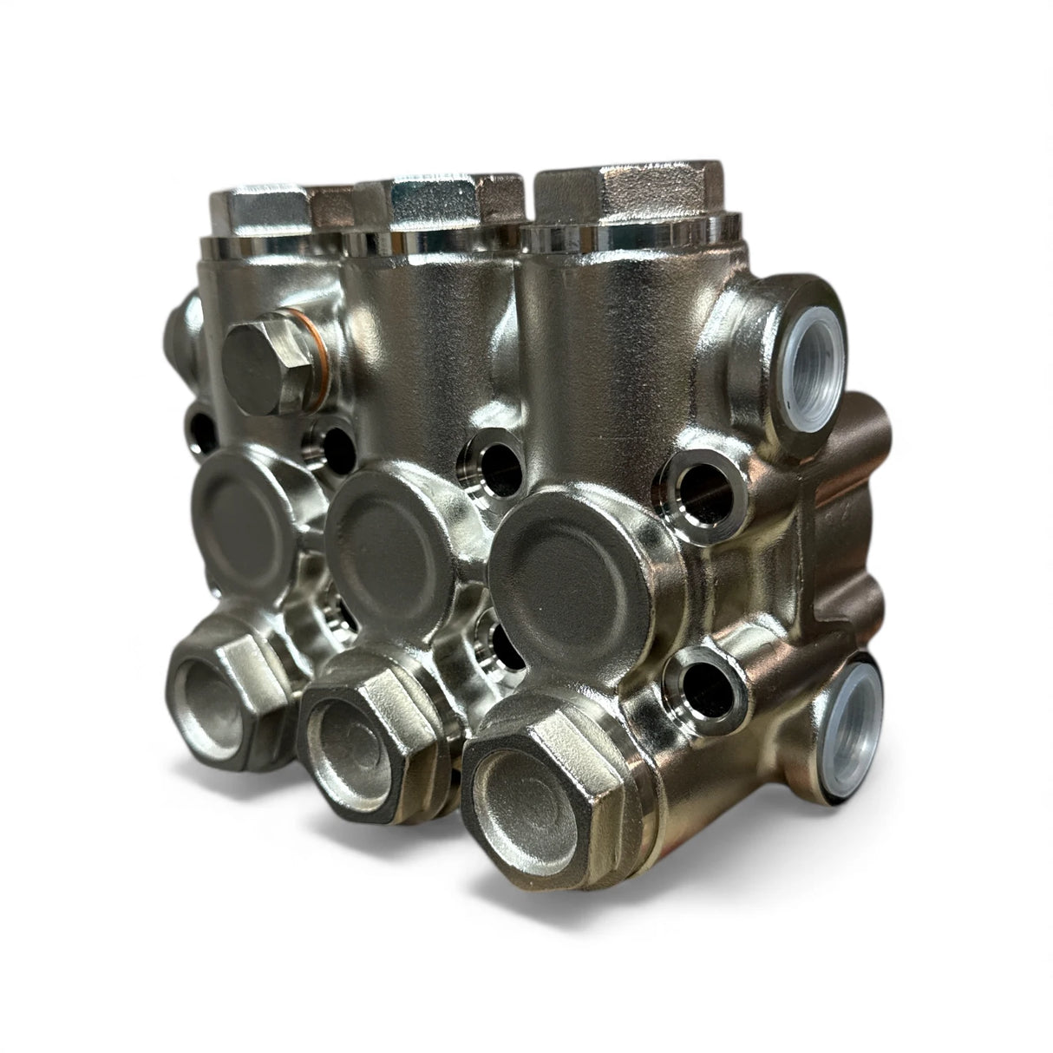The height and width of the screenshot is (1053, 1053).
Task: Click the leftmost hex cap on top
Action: point(260,204)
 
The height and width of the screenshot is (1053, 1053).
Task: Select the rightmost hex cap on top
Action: point(620,199)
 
